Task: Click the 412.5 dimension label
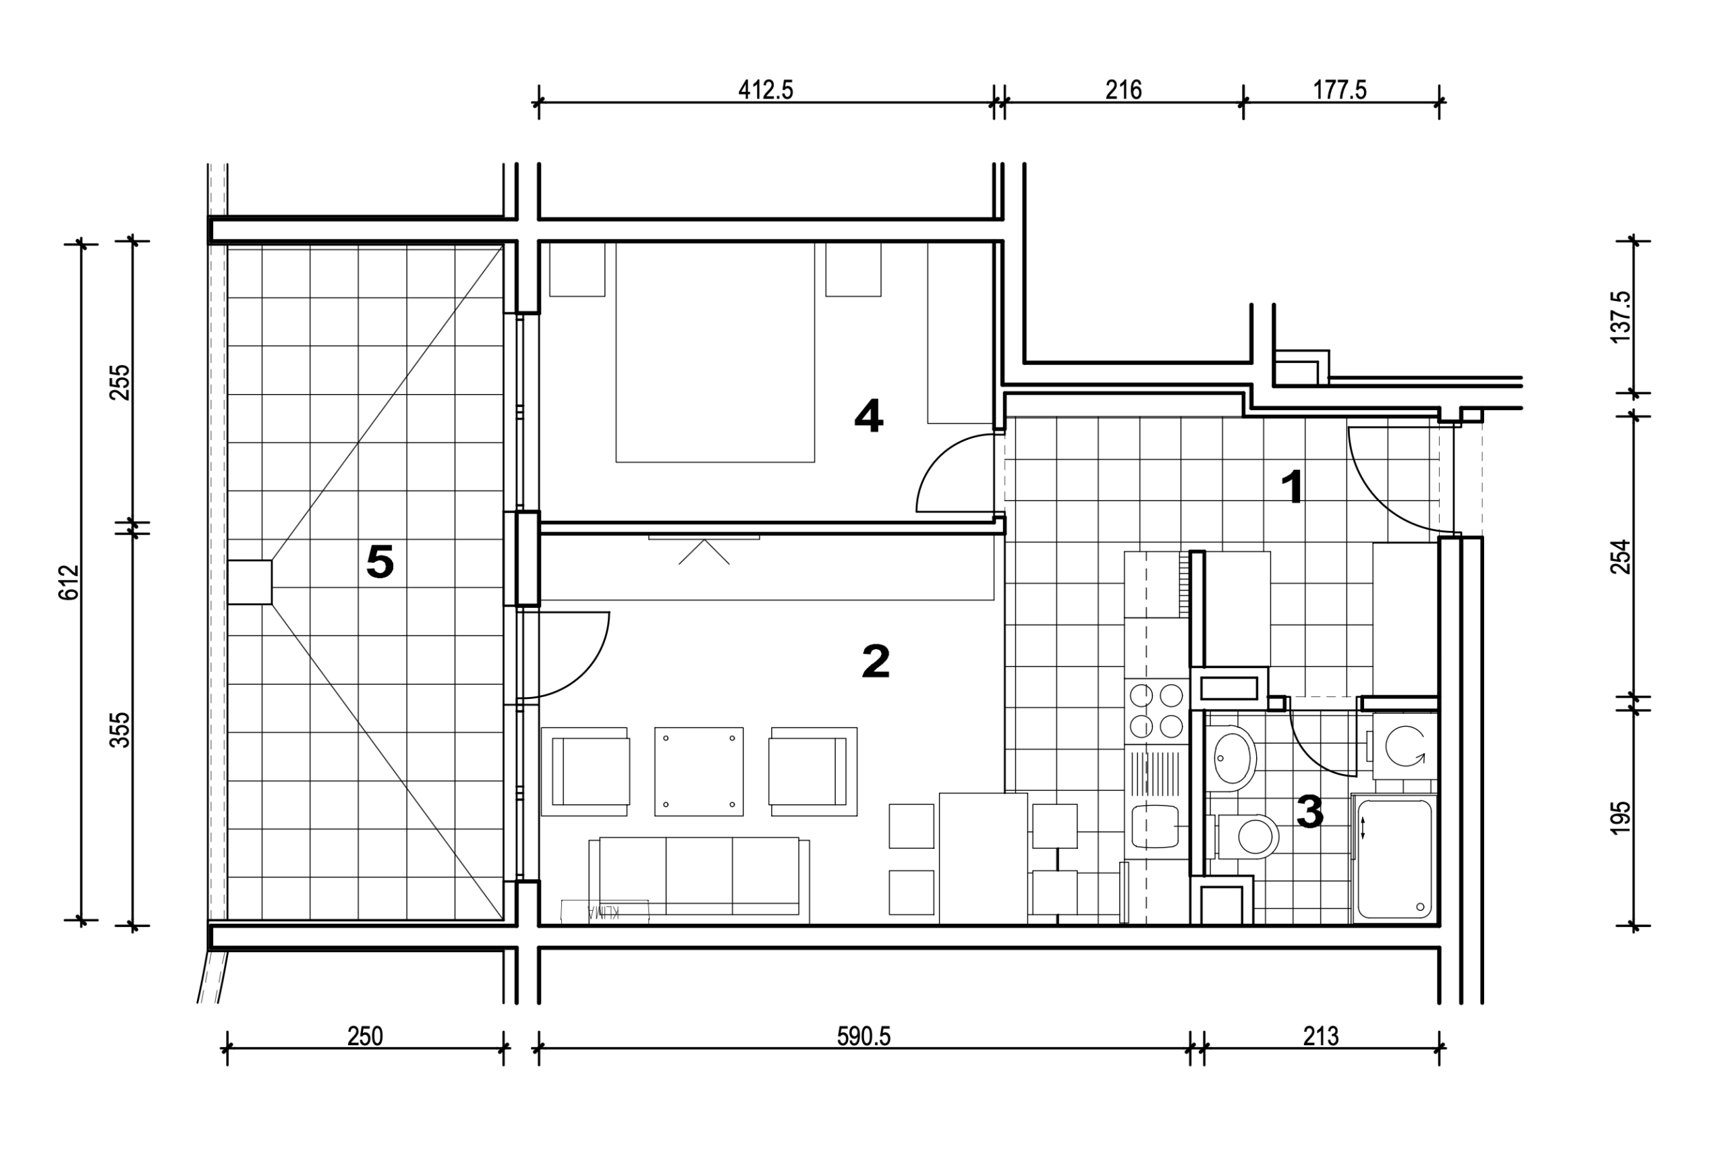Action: [x=766, y=90]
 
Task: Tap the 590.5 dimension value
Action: [x=863, y=1036]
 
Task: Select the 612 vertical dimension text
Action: [x=68, y=582]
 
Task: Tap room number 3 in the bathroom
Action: [x=1309, y=811]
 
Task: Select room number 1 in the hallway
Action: [x=1293, y=488]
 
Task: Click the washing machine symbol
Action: [x=1405, y=746]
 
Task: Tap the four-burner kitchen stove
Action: [x=1156, y=711]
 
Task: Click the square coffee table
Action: [x=698, y=771]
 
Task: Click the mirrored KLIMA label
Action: [x=604, y=912]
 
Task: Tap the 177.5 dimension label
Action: [x=1339, y=90]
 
